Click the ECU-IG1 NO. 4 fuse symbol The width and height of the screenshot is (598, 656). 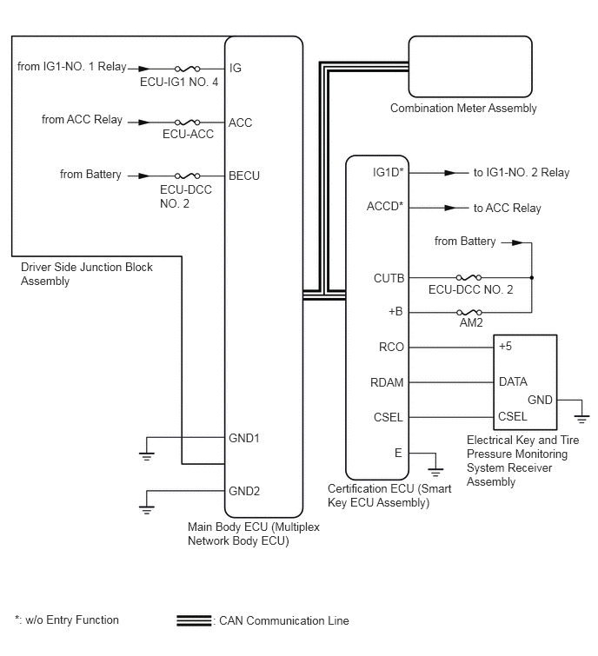pos(187,69)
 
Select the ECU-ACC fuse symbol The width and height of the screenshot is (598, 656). pos(187,123)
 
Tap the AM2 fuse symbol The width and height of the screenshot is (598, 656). pos(469,312)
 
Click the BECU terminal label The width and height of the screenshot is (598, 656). pos(244,176)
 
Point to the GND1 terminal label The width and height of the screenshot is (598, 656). pos(244,438)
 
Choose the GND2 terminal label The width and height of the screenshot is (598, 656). pos(244,491)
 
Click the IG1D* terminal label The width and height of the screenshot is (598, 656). pos(388,172)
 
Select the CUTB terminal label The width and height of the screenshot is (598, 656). pos(389,278)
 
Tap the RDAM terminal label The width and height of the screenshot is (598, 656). pos(387,382)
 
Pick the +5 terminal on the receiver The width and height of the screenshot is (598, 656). pos(505,346)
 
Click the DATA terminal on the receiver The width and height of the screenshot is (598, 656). pos(513,381)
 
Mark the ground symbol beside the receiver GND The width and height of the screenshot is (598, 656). pos(581,419)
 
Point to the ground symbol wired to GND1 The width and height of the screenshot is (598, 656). pos(147,456)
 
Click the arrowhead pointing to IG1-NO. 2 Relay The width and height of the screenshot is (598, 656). pos(450,172)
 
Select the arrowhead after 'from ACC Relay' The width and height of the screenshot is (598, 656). pos(144,123)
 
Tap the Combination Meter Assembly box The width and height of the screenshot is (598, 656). pos(470,67)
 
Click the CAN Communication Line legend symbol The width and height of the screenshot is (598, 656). pos(194,620)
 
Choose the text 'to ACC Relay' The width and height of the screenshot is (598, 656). pos(508,208)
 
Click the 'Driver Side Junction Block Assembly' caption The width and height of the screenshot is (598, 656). pos(87,274)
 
